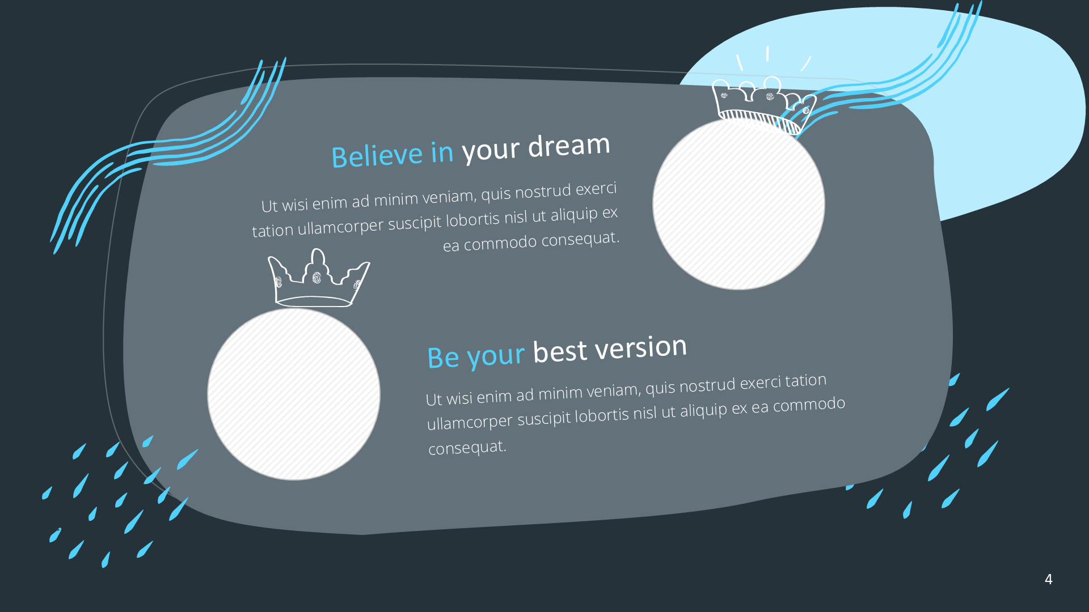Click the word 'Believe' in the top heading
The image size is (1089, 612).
coord(377,155)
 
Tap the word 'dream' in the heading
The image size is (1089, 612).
coord(569,145)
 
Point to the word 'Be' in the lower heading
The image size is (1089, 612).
coord(443,357)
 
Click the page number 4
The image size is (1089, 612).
coord(1049,579)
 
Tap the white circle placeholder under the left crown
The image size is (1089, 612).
coord(294,394)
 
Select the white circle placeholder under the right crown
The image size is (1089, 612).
coord(738,203)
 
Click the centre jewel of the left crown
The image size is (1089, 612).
coord(316,278)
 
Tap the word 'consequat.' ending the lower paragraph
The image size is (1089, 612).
coord(467,448)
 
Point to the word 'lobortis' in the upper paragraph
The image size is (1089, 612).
coord(472,219)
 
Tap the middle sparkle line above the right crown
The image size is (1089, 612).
coord(767,53)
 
